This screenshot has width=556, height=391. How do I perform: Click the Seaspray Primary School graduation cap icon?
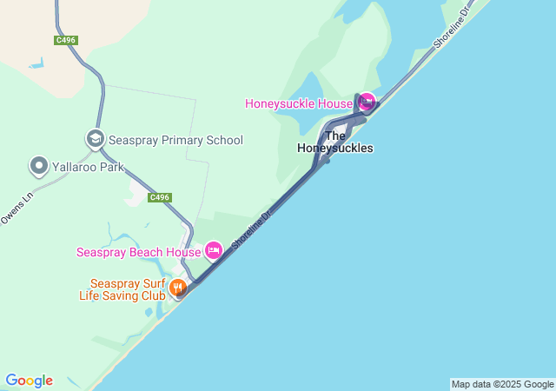point(95,139)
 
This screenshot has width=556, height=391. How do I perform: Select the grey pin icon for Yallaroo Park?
point(38,165)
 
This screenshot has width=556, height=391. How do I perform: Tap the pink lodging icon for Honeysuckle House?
point(367,103)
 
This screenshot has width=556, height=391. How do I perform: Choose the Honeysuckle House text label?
point(298,103)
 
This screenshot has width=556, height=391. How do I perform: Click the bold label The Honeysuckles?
point(335,142)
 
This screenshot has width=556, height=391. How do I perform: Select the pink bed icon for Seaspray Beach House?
point(213,252)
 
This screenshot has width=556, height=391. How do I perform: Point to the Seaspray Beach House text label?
point(139,252)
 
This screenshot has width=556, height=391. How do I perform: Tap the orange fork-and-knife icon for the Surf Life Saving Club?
point(178,288)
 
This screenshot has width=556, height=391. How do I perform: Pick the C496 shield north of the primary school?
point(65,40)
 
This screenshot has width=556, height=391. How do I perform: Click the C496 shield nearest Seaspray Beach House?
point(159,197)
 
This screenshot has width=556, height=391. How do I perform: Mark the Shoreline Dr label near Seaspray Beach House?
point(253,227)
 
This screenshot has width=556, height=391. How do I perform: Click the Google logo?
point(29,381)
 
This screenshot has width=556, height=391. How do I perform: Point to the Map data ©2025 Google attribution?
point(502,384)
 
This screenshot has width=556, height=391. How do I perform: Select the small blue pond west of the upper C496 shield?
point(36,63)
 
